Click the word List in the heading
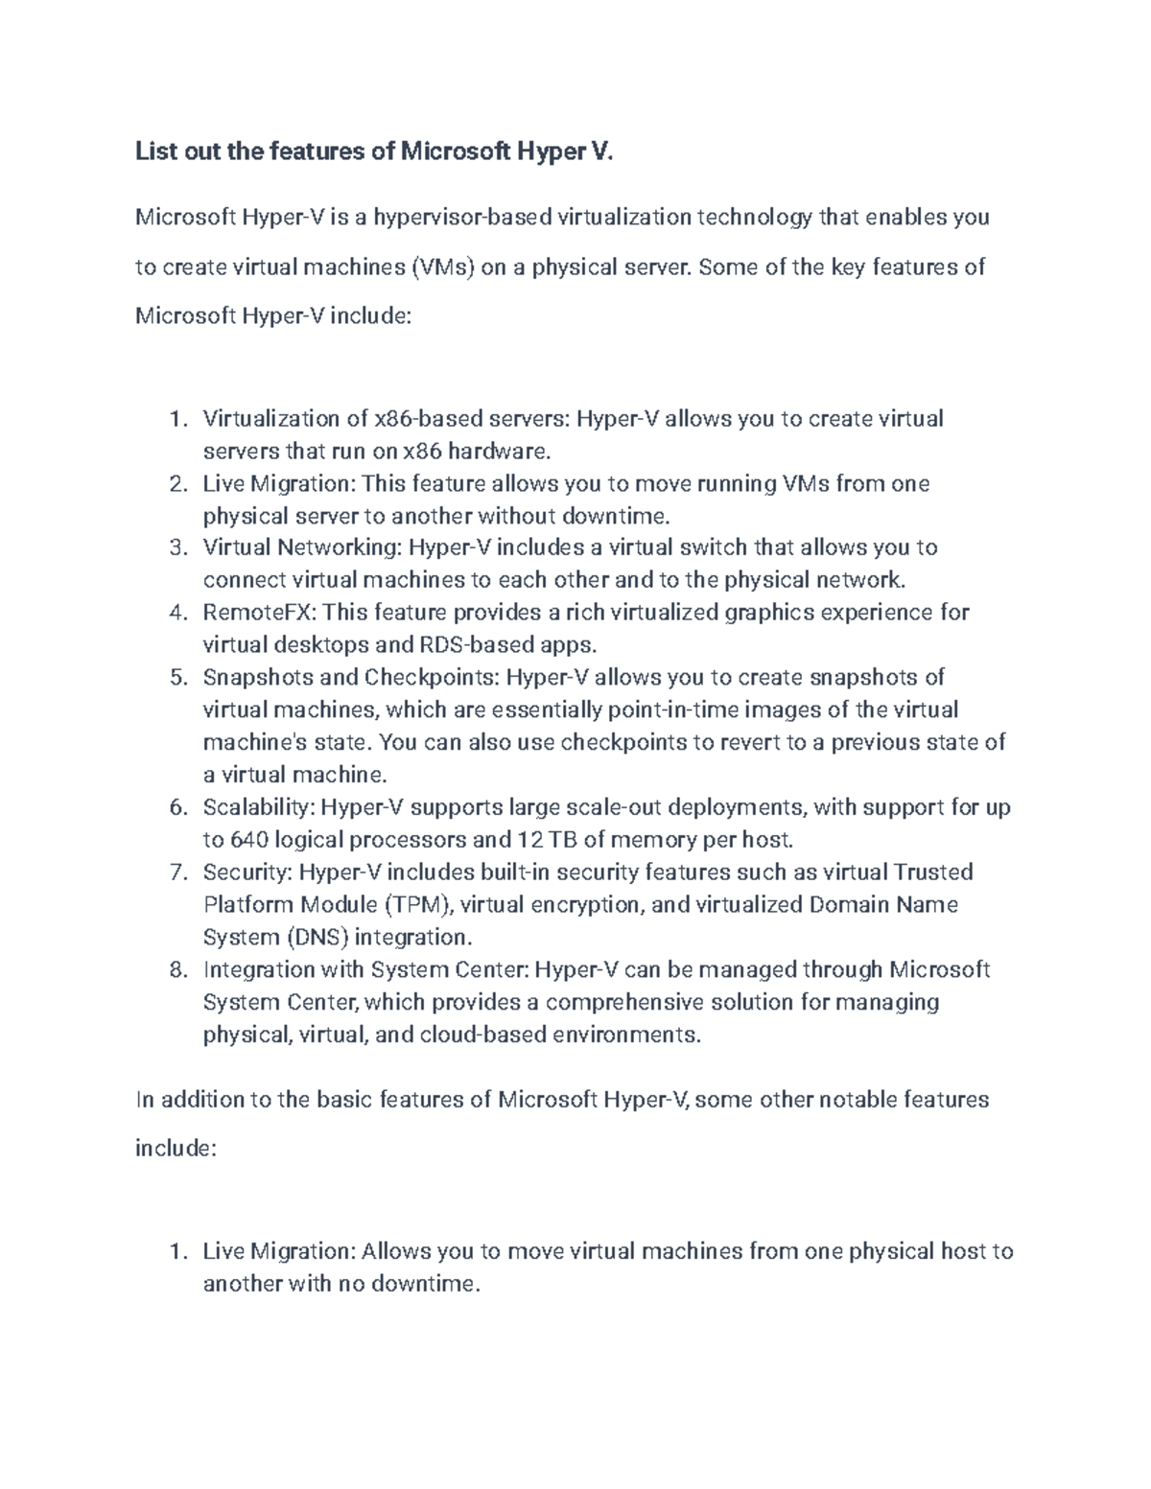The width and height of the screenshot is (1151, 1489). [155, 151]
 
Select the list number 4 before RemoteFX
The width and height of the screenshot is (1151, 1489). [176, 613]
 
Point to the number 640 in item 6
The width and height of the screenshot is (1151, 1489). [249, 841]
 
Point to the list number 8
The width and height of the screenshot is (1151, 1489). [176, 970]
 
